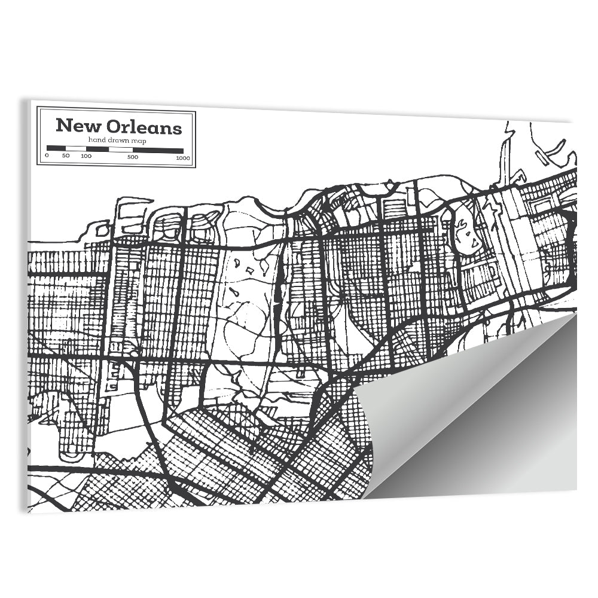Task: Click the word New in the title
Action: click(77, 127)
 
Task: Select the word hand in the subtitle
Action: click(96, 140)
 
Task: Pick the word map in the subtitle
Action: click(139, 140)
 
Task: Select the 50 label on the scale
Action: click(65, 157)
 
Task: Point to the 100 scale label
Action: click(86, 157)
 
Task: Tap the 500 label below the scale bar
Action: click(133, 157)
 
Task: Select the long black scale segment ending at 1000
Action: click(158, 149)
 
